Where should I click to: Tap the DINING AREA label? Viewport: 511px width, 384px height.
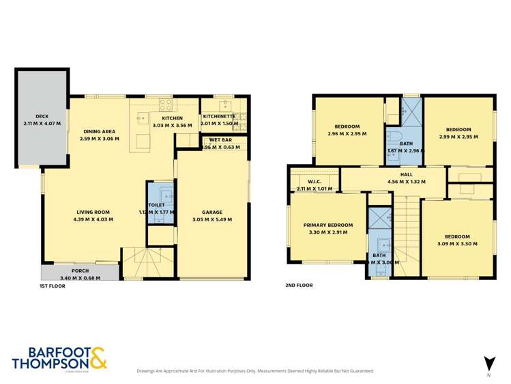click(x=100, y=131)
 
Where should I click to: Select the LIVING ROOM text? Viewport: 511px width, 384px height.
click(x=91, y=212)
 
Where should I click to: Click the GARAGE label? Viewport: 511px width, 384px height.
click(x=212, y=212)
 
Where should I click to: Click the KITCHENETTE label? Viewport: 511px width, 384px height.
click(x=219, y=116)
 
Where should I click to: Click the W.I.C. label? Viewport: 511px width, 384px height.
click(x=315, y=181)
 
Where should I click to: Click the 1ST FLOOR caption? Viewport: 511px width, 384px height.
click(x=53, y=288)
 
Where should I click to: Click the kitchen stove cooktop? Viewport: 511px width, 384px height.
click(x=165, y=105)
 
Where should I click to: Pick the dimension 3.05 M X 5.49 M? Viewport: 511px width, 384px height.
click(x=212, y=219)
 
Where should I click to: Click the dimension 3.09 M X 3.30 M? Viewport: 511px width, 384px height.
click(x=458, y=243)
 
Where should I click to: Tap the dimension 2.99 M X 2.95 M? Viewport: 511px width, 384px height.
click(x=458, y=137)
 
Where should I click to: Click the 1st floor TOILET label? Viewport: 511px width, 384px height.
click(x=156, y=205)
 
